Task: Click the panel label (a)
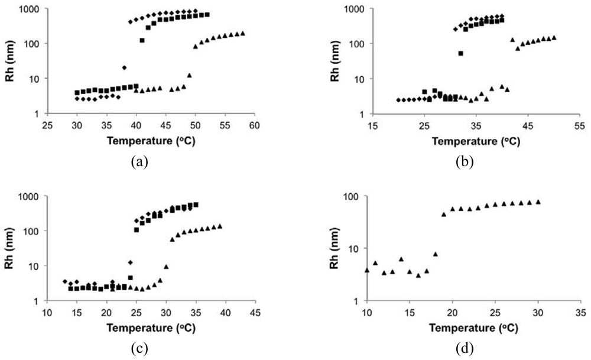[139, 161]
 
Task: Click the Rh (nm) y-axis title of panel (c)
[11, 248]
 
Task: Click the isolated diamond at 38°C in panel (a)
[124, 68]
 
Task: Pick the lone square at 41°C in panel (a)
[142, 40]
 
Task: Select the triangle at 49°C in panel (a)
[189, 75]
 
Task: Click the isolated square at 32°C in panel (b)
[460, 53]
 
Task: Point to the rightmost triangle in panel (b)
[554, 38]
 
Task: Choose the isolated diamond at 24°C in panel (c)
[130, 262]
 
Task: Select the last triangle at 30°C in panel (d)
[538, 202]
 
